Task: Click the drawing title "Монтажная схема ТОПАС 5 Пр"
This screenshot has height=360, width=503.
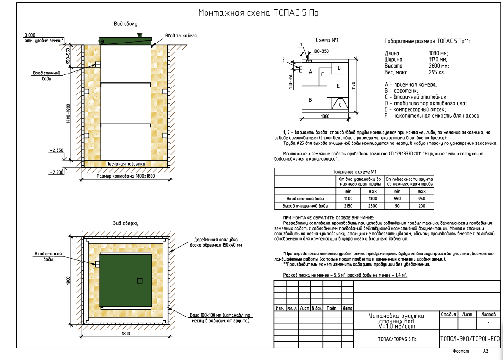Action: coord(258,13)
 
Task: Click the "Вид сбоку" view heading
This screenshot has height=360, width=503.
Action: coord(126,24)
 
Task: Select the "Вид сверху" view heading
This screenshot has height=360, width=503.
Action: coord(126,223)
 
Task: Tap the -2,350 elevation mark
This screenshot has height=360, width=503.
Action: coord(57,150)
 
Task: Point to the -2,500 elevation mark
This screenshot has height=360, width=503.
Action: coord(57,172)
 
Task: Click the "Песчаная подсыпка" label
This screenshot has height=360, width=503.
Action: coord(126,164)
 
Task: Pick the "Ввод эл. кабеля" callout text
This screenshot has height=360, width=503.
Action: coord(181,36)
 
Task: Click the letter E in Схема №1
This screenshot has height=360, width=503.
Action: coord(338,86)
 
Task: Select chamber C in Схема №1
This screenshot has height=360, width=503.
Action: coord(340,104)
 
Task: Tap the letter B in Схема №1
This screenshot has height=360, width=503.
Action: coord(310,100)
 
